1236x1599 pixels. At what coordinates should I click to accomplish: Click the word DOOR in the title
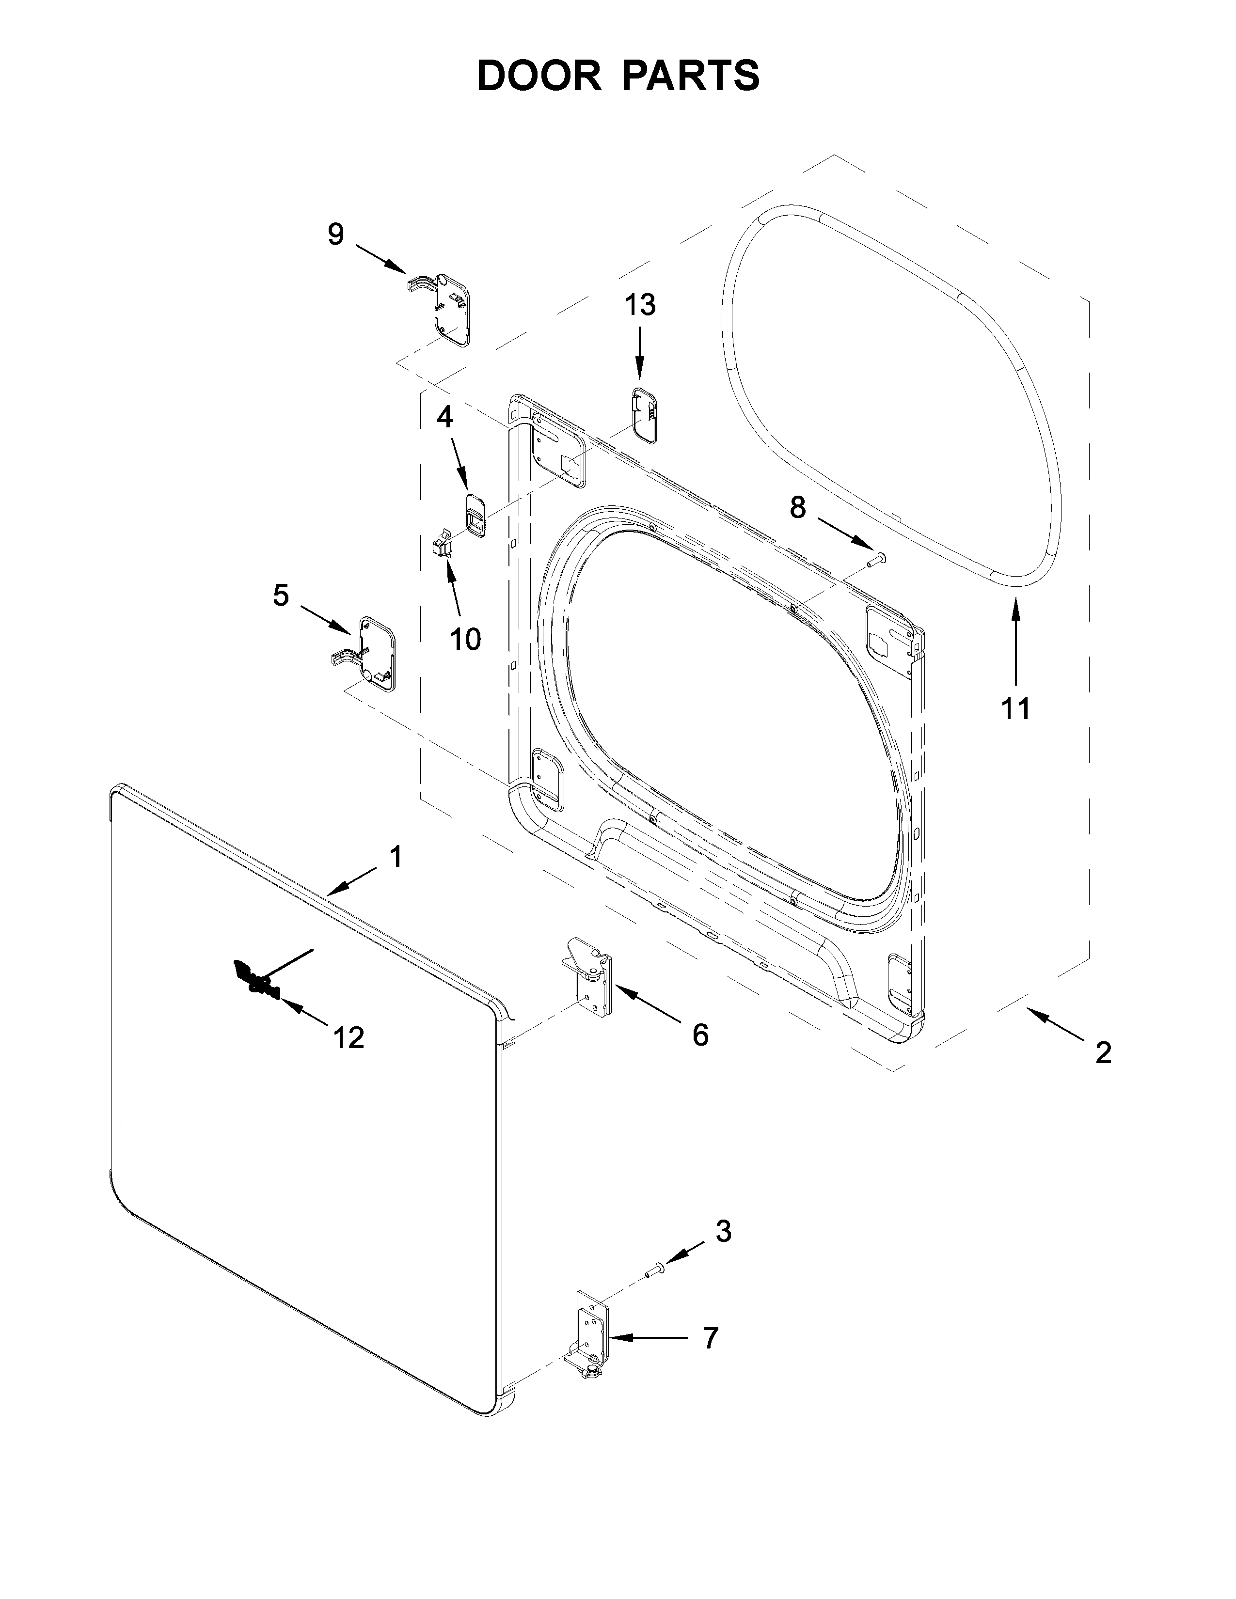click(x=538, y=76)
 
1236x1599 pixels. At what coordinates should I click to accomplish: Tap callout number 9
click(x=335, y=235)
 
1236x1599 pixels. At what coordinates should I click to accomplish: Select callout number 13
click(x=640, y=305)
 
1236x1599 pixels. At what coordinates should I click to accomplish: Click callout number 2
click(x=1103, y=1053)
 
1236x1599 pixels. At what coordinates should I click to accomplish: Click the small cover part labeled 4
click(x=474, y=510)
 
